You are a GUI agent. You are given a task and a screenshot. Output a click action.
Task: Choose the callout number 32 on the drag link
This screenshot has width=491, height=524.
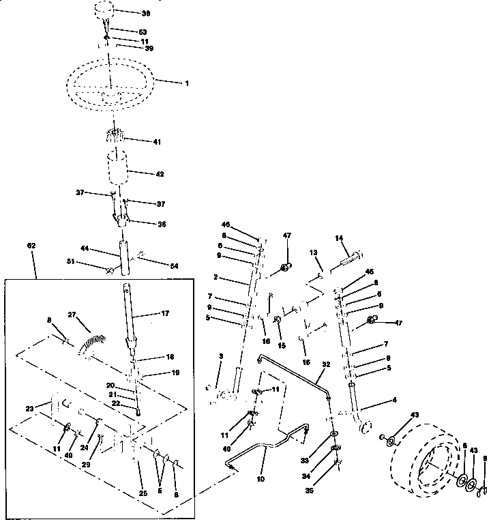326,365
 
